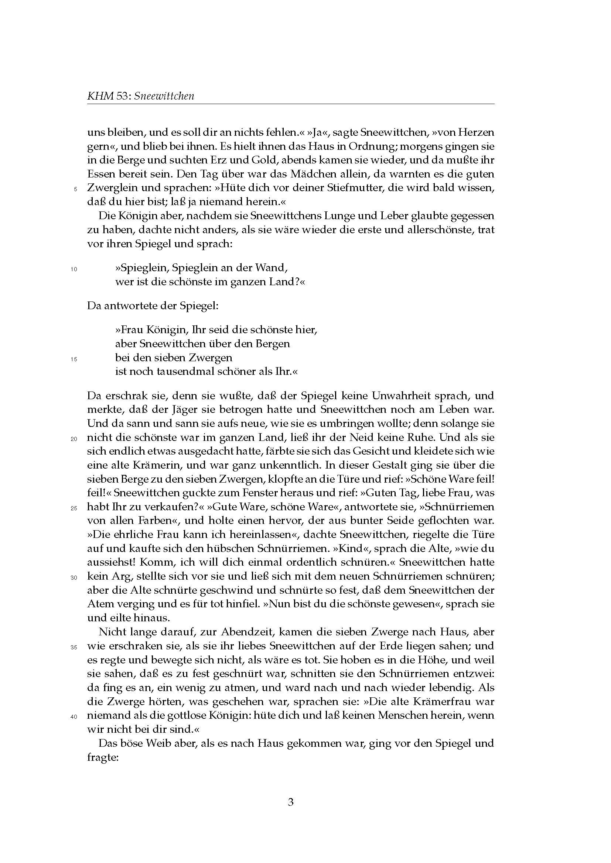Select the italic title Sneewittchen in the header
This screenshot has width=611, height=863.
click(x=164, y=96)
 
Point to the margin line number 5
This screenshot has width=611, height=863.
click(x=75, y=189)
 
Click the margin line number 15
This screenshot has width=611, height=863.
click(x=74, y=359)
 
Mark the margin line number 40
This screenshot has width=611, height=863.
click(x=74, y=717)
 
